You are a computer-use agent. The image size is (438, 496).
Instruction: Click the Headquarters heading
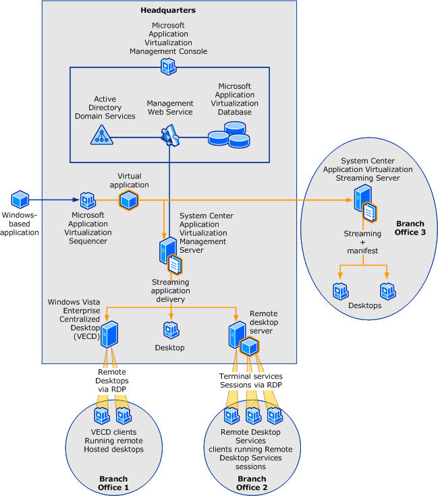click(169, 10)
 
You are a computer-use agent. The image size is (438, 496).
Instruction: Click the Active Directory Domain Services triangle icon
click(101, 135)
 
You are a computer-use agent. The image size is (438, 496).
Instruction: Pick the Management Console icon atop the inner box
click(169, 66)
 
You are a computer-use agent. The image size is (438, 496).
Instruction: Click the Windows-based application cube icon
click(20, 199)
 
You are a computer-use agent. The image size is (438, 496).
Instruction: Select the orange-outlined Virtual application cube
click(128, 199)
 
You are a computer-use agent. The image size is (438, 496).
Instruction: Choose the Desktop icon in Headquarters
click(171, 330)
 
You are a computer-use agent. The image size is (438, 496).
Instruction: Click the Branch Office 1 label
click(113, 483)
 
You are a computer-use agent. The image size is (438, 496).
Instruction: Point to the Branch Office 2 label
click(252, 483)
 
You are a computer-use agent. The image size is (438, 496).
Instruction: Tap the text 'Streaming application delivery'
click(170, 291)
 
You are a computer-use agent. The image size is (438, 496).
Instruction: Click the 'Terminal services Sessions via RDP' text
click(251, 380)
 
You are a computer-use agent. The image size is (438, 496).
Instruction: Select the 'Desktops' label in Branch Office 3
click(364, 305)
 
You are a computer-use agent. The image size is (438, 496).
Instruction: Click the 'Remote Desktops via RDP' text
click(111, 381)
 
